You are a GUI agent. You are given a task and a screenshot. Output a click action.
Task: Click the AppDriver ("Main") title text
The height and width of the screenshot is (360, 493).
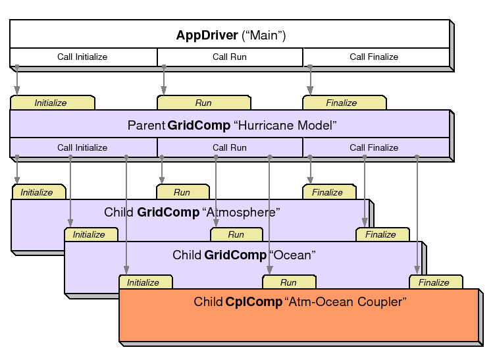pyautogui.click(x=230, y=35)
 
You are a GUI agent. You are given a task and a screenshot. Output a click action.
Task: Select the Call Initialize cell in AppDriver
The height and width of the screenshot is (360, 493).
pyautogui.click(x=82, y=57)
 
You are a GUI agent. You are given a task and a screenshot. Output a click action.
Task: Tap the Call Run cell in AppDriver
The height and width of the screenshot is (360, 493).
pyautogui.click(x=230, y=57)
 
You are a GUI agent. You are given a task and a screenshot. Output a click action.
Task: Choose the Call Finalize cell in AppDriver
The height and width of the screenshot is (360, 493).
pyautogui.click(x=374, y=57)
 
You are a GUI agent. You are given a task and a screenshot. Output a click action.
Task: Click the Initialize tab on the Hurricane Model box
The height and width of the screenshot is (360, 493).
pyautogui.click(x=51, y=103)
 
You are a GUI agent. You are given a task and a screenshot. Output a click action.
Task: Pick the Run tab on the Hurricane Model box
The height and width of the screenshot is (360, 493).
pyautogui.click(x=203, y=103)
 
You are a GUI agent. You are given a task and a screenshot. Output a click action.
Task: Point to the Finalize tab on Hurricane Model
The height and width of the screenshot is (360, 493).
pyautogui.click(x=342, y=103)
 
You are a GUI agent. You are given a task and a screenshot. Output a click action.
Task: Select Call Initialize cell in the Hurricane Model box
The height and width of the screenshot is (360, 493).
pyautogui.click(x=82, y=147)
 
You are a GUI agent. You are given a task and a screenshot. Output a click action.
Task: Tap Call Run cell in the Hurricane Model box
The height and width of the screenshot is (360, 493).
pyautogui.click(x=230, y=147)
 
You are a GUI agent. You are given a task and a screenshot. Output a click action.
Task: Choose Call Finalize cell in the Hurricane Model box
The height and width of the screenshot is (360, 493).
pyautogui.click(x=374, y=147)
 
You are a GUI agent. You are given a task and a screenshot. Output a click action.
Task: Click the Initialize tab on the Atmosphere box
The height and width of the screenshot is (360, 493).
pyautogui.click(x=37, y=192)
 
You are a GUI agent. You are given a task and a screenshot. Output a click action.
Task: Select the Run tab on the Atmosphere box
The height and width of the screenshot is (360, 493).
pyautogui.click(x=182, y=192)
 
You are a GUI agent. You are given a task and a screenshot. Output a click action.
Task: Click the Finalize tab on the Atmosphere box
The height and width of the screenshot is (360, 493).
pyautogui.click(x=328, y=192)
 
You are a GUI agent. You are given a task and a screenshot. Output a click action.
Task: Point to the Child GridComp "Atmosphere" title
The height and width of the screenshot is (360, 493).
pyautogui.click(x=192, y=213)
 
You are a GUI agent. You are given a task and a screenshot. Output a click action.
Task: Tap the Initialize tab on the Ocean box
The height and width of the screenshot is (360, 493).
pyautogui.click(x=89, y=234)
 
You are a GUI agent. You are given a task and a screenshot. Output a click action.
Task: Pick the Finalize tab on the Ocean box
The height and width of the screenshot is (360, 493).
pyautogui.click(x=381, y=234)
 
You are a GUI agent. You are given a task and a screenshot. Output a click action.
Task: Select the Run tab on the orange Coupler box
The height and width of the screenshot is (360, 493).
pyautogui.click(x=288, y=282)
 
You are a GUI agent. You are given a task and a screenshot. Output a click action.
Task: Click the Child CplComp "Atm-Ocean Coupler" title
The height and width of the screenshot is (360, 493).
pyautogui.click(x=300, y=302)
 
